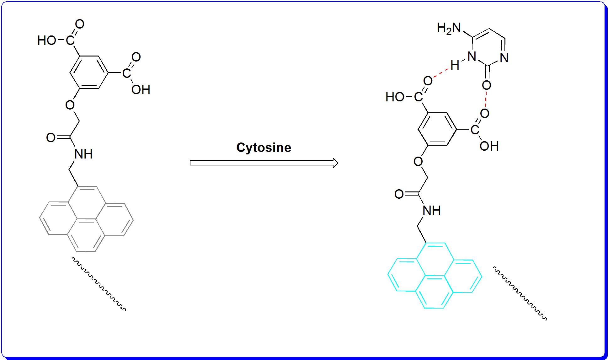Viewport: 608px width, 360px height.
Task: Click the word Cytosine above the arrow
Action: tap(264, 148)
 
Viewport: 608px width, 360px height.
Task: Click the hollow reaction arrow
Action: tap(264, 163)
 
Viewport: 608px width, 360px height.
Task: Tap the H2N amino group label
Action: tap(449, 29)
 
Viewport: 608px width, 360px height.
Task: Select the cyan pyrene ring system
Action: tap(435, 276)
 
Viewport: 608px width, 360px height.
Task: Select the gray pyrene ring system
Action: tap(86, 220)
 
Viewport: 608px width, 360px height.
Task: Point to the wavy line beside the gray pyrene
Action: tap(99, 284)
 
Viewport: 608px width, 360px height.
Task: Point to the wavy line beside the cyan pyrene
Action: tap(520, 293)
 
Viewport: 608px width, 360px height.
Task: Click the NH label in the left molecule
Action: tap(83, 154)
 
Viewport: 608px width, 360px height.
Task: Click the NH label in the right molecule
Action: tap(432, 211)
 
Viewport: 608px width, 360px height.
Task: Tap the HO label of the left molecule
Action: tap(47, 40)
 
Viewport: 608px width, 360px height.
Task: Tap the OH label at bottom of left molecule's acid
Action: tap(141, 90)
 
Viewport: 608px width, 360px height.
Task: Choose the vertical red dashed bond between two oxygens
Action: tap(486, 99)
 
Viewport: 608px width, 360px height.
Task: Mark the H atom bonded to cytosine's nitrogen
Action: tap(455, 66)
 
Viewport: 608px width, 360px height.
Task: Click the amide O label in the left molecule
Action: tap(51, 137)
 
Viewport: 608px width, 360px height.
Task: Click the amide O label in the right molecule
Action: tap(399, 194)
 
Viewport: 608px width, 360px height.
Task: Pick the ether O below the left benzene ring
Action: tap(70, 105)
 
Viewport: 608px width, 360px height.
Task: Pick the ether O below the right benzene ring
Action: tap(418, 161)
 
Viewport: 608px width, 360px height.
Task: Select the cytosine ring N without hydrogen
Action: tap(504, 58)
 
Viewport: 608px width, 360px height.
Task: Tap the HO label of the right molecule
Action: tap(395, 97)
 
